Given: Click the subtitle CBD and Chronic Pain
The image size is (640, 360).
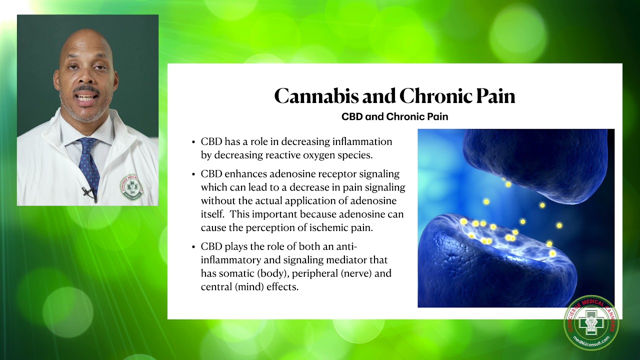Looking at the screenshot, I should pyautogui.click(x=394, y=116).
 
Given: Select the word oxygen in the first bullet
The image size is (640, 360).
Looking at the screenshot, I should pyautogui.click(x=310, y=155).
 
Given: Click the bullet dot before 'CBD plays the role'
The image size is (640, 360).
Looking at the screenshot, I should pyautogui.click(x=193, y=247).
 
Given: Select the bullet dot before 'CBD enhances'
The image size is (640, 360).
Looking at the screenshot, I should pyautogui.click(x=193, y=174).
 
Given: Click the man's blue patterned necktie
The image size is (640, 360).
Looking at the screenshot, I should pyautogui.click(x=89, y=160).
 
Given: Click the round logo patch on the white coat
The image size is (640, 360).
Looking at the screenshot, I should pyautogui.click(x=131, y=187).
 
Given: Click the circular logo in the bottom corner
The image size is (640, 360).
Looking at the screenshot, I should pyautogui.click(x=591, y=322).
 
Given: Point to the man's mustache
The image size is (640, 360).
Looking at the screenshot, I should pyautogui.click(x=86, y=89).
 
